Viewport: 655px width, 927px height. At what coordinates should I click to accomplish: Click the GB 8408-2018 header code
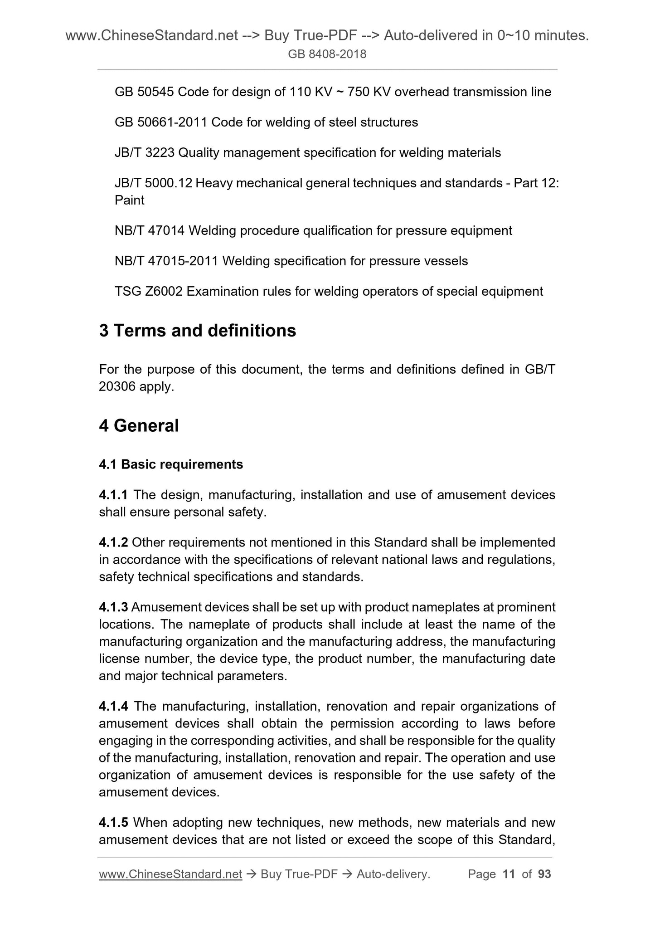pyautogui.click(x=327, y=54)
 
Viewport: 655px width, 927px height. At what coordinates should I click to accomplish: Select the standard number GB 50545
pyautogui.click(x=144, y=92)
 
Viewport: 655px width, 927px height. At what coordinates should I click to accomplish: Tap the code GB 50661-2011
pyautogui.click(x=161, y=122)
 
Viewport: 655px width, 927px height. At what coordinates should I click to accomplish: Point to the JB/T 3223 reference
pyautogui.click(x=145, y=153)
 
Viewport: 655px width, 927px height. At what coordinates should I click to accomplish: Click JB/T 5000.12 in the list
pyautogui.click(x=154, y=183)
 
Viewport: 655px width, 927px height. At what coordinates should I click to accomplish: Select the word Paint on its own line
pyautogui.click(x=130, y=200)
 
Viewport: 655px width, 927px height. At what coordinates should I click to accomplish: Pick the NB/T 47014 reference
pyautogui.click(x=150, y=231)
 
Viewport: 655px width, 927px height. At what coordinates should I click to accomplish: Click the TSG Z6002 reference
pyautogui.click(x=149, y=292)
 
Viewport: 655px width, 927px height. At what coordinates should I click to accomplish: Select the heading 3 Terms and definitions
pyautogui.click(x=197, y=331)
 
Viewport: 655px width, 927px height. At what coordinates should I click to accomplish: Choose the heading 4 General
pyautogui.click(x=139, y=425)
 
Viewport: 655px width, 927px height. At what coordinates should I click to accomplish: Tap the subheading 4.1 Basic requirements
pyautogui.click(x=171, y=464)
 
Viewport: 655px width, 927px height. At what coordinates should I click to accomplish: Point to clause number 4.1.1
pyautogui.click(x=113, y=495)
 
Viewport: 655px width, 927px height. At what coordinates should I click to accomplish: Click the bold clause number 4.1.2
pyautogui.click(x=113, y=543)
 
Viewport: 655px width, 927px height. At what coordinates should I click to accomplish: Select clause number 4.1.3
pyautogui.click(x=113, y=607)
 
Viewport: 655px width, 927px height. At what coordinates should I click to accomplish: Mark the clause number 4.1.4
pyautogui.click(x=113, y=706)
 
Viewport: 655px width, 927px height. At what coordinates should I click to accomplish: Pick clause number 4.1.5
pyautogui.click(x=113, y=822)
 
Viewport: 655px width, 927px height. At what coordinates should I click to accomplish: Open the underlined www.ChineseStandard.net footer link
pyautogui.click(x=170, y=874)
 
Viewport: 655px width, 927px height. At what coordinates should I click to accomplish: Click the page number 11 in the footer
pyautogui.click(x=509, y=874)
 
